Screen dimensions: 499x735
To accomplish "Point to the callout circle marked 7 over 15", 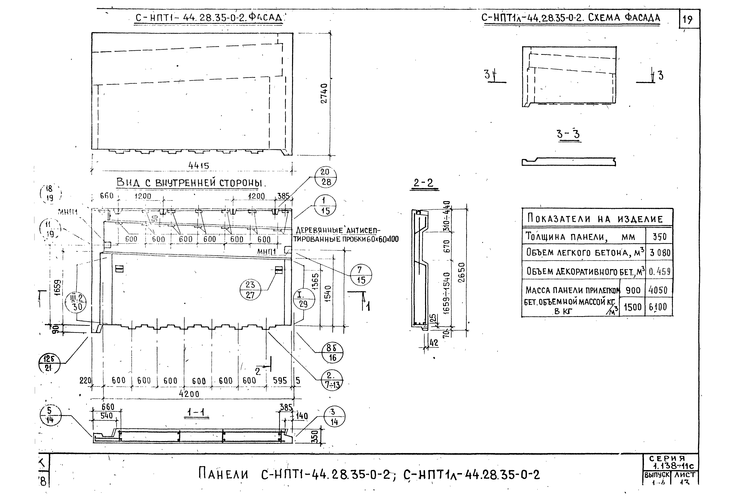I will coord(361,275).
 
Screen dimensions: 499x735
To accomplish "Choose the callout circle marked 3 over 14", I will coord(334,417).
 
